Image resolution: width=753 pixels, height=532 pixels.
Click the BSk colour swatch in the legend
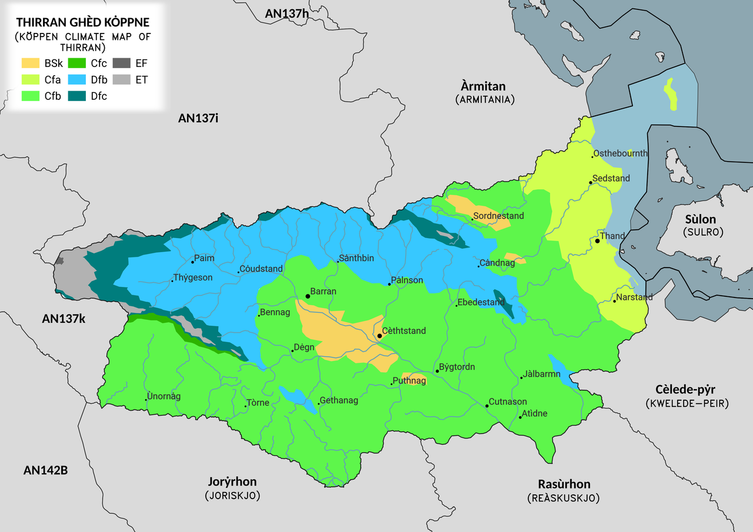coord(31,63)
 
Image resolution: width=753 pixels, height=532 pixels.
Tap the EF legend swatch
coord(121,63)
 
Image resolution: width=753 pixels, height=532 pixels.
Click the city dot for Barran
coord(308,296)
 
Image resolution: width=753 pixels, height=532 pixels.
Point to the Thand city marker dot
coord(597,241)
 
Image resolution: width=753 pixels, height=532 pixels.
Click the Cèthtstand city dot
coord(379,336)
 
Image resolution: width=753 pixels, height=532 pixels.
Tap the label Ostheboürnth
coord(620,153)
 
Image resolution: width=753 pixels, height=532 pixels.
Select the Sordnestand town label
coord(498,216)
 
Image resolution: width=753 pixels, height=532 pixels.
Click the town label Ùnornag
coord(164,396)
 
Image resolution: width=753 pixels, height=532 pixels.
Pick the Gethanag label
coord(338,401)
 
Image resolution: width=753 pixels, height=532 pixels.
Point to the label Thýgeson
coord(193,277)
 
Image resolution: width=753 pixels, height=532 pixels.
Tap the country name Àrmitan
coord(483,86)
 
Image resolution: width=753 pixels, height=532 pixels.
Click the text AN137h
coord(286,13)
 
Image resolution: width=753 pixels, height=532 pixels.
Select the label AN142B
coord(45,470)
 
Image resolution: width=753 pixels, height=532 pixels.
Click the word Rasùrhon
coord(564,484)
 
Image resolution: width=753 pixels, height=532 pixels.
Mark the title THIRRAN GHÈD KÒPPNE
coord(82,22)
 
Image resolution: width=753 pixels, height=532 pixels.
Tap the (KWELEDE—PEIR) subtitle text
coord(687,404)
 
